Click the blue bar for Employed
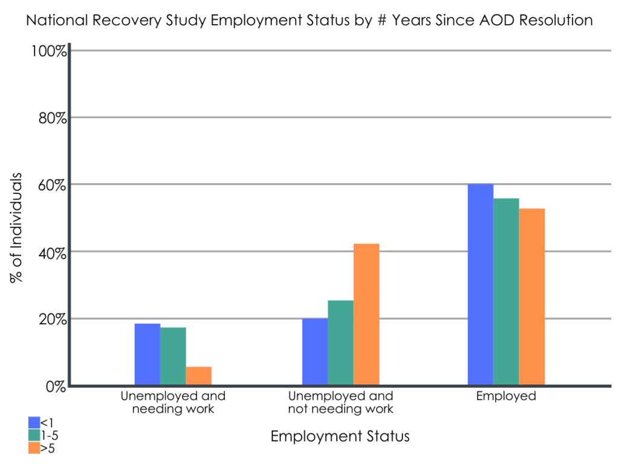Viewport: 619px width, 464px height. (x=481, y=285)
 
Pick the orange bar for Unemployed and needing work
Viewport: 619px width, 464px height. (x=199, y=376)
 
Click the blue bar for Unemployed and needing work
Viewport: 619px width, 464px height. (x=147, y=355)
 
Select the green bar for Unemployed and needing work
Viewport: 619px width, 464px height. (x=173, y=356)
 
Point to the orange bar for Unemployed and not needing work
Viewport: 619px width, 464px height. (x=366, y=314)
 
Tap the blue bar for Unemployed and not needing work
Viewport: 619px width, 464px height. (x=315, y=352)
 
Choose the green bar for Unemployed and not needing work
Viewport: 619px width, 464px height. (x=340, y=343)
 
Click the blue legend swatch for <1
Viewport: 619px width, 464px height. (x=34, y=422)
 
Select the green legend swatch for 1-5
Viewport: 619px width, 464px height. (x=34, y=435)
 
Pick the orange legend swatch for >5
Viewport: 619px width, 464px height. (x=34, y=448)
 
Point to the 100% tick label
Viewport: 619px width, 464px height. (x=48, y=50)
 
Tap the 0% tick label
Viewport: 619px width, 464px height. (x=55, y=386)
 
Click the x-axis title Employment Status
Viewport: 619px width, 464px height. (x=340, y=436)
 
